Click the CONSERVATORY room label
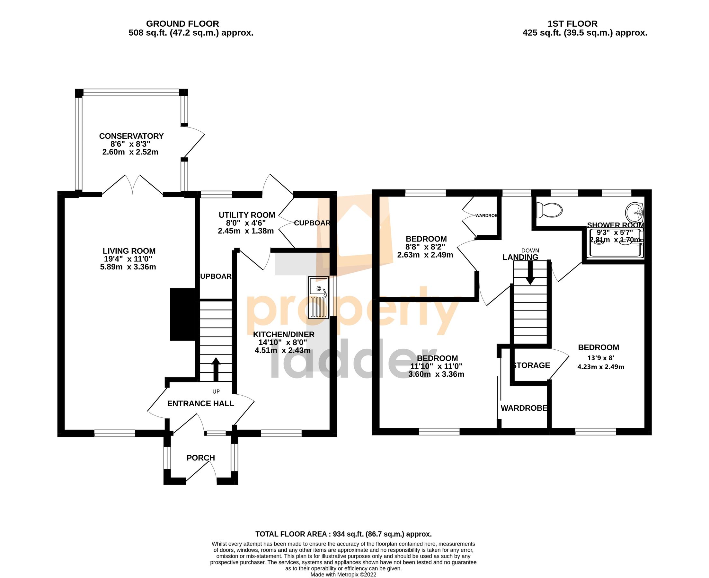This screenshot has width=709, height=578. [131, 136]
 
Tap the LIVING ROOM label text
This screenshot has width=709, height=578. [129, 251]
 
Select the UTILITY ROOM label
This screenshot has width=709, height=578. [246, 215]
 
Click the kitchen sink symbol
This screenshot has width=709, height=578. [318, 297]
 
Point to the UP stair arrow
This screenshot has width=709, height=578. [216, 369]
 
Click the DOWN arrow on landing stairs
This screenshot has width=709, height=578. [530, 272]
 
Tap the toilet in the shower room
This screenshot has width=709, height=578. [549, 210]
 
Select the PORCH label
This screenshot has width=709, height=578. [200, 458]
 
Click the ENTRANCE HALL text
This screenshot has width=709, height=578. [200, 404]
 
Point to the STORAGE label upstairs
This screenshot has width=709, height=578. [531, 365]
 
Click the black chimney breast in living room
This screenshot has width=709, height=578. [182, 314]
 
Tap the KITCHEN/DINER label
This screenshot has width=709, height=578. [283, 334]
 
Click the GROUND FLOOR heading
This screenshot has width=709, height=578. [182, 24]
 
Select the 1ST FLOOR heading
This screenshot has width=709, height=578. [572, 24]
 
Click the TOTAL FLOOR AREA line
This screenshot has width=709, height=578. [343, 534]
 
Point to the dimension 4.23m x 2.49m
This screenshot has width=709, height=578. [600, 367]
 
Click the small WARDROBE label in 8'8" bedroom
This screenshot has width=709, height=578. [486, 216]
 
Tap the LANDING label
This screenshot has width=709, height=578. [520, 257]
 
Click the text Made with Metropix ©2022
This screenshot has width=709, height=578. [343, 574]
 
